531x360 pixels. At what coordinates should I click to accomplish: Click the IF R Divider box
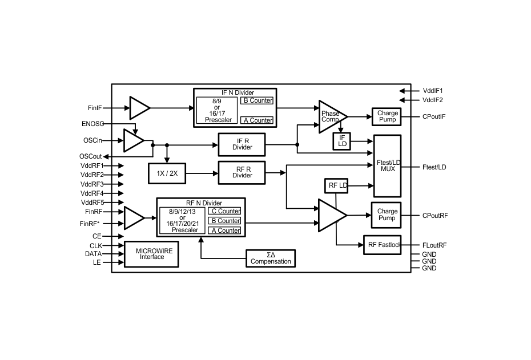tap(242, 144)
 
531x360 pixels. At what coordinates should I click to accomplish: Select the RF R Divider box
tap(242, 172)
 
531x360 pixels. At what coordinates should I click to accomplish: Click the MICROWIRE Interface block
tap(150, 253)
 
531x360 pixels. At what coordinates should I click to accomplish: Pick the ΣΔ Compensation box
tap(270, 258)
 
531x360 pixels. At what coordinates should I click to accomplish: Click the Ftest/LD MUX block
tap(387, 166)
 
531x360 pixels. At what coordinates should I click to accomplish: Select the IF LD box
tap(342, 140)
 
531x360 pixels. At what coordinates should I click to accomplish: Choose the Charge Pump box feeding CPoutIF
tap(387, 116)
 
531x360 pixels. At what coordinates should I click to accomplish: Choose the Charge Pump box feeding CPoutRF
tap(387, 215)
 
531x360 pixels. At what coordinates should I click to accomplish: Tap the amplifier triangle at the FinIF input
tap(138, 107)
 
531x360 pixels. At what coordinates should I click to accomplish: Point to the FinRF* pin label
tap(90, 224)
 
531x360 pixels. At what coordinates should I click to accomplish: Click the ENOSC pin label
tap(92, 123)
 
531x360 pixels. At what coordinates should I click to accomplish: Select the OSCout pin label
tap(91, 156)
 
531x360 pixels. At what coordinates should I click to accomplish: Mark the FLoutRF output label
tap(435, 245)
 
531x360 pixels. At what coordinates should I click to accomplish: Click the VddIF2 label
tap(433, 100)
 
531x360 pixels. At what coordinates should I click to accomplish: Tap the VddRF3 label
tap(92, 184)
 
